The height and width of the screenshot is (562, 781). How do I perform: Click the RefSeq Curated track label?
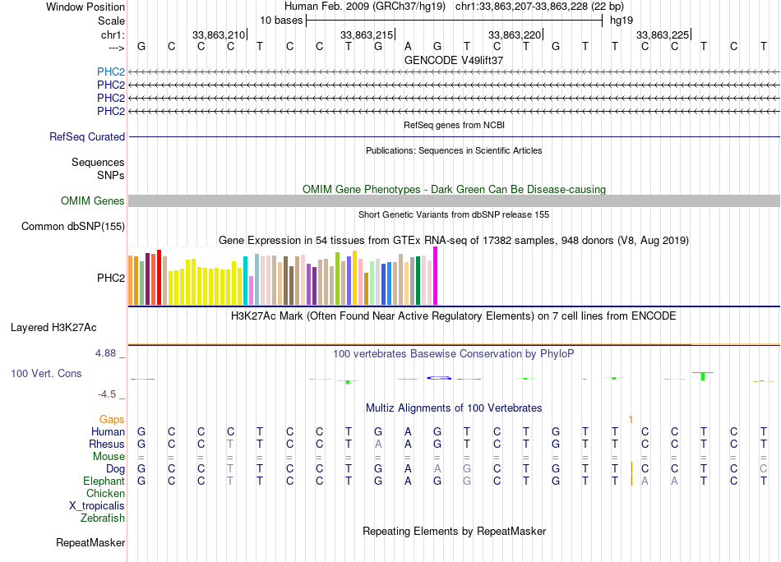(x=87, y=137)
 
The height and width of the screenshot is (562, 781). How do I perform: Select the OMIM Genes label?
(x=93, y=201)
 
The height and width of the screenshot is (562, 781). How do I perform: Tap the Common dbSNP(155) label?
(x=73, y=227)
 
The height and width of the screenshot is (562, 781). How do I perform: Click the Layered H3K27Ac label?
(x=53, y=327)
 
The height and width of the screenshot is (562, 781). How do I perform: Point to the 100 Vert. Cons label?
(x=46, y=373)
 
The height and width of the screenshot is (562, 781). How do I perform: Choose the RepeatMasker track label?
(x=90, y=542)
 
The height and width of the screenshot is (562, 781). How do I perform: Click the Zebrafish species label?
(x=103, y=518)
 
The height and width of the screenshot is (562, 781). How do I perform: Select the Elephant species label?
(x=104, y=481)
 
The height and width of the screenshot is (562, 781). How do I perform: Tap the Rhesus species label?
(x=107, y=444)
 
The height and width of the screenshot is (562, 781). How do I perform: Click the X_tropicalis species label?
(x=97, y=506)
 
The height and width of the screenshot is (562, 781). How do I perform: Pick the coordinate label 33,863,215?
(x=367, y=35)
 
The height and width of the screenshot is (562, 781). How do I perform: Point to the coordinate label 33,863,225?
(x=663, y=35)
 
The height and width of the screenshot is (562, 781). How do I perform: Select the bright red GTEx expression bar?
(x=159, y=278)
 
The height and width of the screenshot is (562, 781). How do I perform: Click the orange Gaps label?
(x=112, y=419)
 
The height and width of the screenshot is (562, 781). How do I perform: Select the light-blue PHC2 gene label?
(x=110, y=71)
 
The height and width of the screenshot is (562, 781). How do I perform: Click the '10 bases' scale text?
(x=282, y=20)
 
